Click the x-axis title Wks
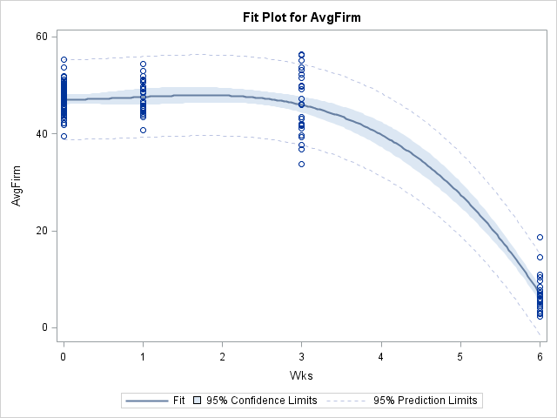(301, 374)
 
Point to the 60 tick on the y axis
(42, 37)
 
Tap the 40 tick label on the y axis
(42, 134)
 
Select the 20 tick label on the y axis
(42, 231)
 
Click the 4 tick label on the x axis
(381, 356)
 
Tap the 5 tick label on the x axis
(460, 356)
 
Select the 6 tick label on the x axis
(540, 356)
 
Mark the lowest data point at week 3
(302, 164)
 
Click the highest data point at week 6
(540, 238)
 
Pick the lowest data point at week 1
(143, 131)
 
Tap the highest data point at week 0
(64, 60)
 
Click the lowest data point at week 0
(64, 136)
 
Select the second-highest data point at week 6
(540, 258)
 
